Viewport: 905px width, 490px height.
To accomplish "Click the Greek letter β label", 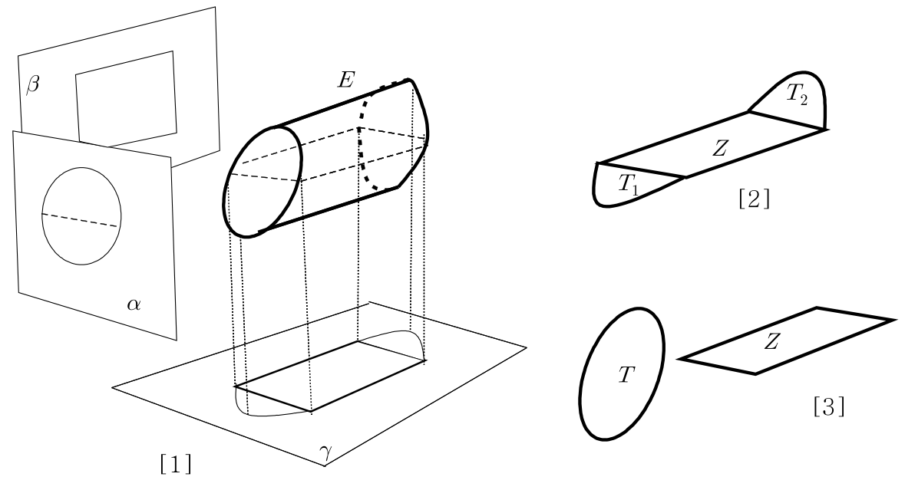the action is click(x=33, y=85).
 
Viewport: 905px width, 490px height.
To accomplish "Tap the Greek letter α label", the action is click(x=134, y=304).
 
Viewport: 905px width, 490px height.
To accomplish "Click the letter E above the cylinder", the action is click(x=345, y=80).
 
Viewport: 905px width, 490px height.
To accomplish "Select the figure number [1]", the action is click(x=176, y=464).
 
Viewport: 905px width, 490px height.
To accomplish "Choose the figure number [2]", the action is click(x=754, y=199).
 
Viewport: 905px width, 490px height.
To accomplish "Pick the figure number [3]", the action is click(x=829, y=407).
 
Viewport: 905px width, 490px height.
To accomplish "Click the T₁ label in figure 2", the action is click(x=629, y=185).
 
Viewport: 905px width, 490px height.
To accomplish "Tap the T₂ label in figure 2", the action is click(x=797, y=94).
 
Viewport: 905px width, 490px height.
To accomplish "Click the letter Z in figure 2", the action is click(x=719, y=149).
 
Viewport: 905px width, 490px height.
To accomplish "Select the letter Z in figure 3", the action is click(x=771, y=343).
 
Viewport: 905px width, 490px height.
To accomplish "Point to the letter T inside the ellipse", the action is click(x=626, y=375).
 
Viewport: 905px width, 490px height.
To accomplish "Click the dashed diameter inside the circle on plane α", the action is click(x=81, y=219).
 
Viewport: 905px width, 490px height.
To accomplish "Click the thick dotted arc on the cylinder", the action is click(x=362, y=138).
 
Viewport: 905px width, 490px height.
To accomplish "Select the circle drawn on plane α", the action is click(x=42, y=216).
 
